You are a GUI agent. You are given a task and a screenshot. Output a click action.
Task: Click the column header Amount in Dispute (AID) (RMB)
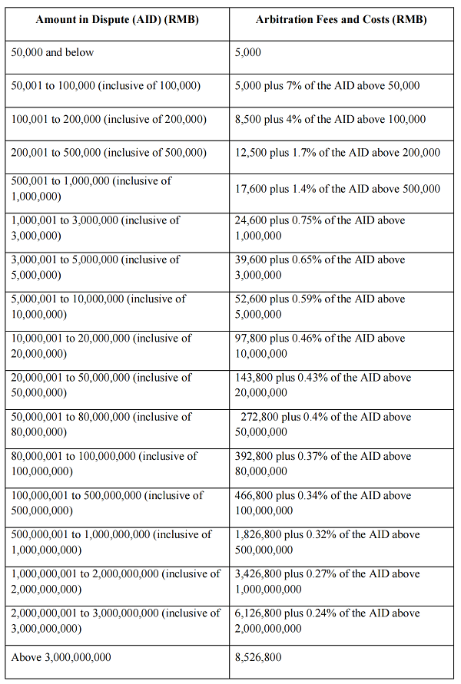point(117,19)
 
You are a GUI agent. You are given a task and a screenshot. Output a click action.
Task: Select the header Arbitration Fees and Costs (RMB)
point(341,19)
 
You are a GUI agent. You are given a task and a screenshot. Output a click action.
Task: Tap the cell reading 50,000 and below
point(53,52)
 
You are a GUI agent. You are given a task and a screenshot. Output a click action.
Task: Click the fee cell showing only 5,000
point(248,52)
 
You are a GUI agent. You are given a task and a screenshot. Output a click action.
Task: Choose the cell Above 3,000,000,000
point(61,657)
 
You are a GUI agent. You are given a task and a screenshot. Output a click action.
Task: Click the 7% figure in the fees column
point(299,85)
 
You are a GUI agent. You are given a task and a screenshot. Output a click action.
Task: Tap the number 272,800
point(259,417)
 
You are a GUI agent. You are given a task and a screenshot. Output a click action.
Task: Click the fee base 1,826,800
point(260,534)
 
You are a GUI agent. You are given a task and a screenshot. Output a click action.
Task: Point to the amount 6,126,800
point(260,613)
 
